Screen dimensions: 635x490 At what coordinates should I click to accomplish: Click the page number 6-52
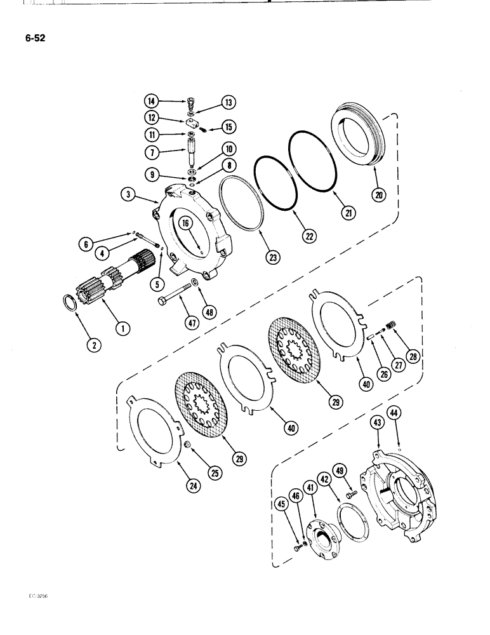coord(32,37)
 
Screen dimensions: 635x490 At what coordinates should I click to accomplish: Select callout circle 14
coord(150,101)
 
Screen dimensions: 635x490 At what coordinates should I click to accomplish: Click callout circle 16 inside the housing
coord(185,222)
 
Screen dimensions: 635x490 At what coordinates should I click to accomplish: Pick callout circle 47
coord(188,323)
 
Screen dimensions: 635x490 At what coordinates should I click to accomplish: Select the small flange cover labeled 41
coord(324,537)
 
